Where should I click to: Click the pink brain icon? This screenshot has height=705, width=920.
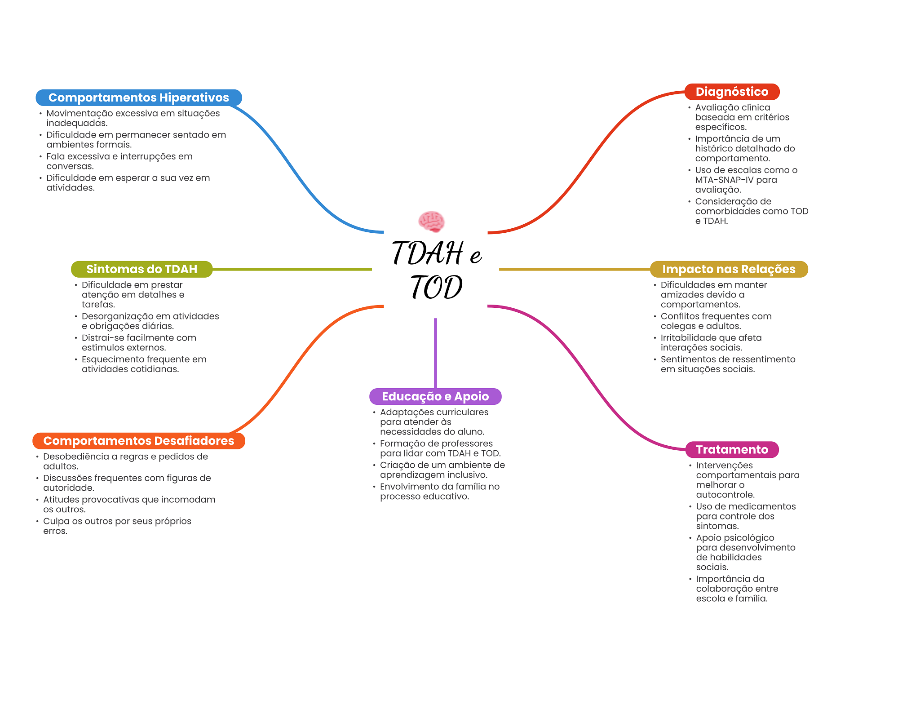point(431,221)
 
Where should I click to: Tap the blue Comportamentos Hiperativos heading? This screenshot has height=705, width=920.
point(138,98)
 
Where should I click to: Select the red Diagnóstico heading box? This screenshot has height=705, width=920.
point(732,92)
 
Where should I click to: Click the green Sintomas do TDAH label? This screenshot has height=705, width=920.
point(142,269)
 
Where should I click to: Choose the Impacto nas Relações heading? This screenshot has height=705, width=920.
point(729,269)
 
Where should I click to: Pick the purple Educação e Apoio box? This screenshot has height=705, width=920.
point(435,396)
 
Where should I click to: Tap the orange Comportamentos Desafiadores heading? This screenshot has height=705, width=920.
point(138,441)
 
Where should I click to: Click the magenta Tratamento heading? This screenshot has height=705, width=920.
point(732,450)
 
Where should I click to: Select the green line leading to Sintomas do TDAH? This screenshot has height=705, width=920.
point(292,269)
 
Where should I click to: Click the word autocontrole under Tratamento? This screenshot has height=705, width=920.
point(725,495)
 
